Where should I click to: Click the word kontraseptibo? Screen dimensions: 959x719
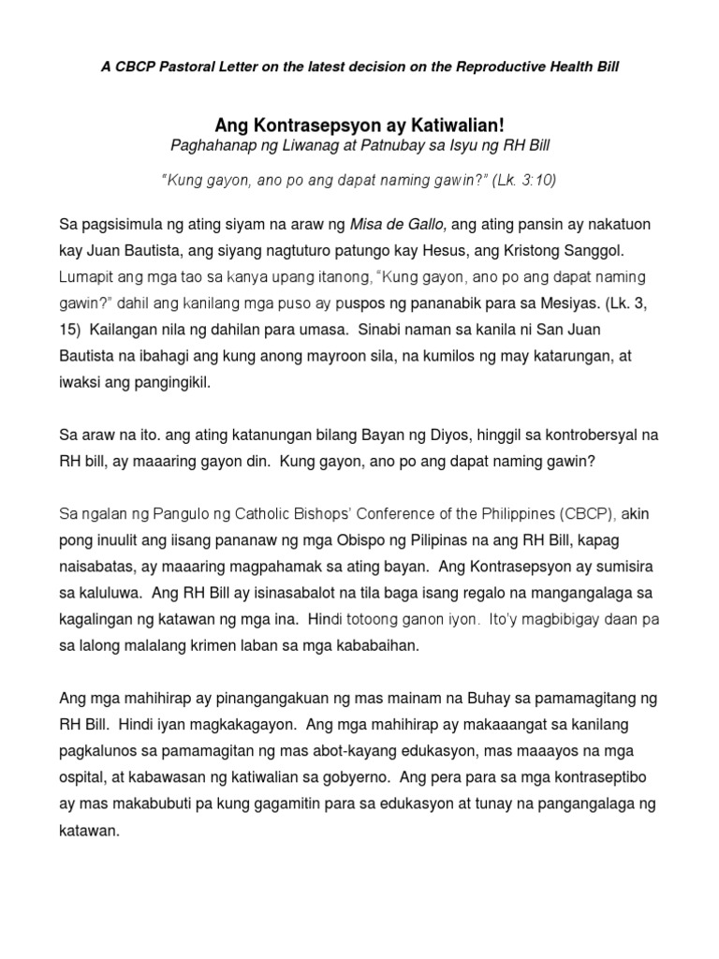[x=605, y=775]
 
